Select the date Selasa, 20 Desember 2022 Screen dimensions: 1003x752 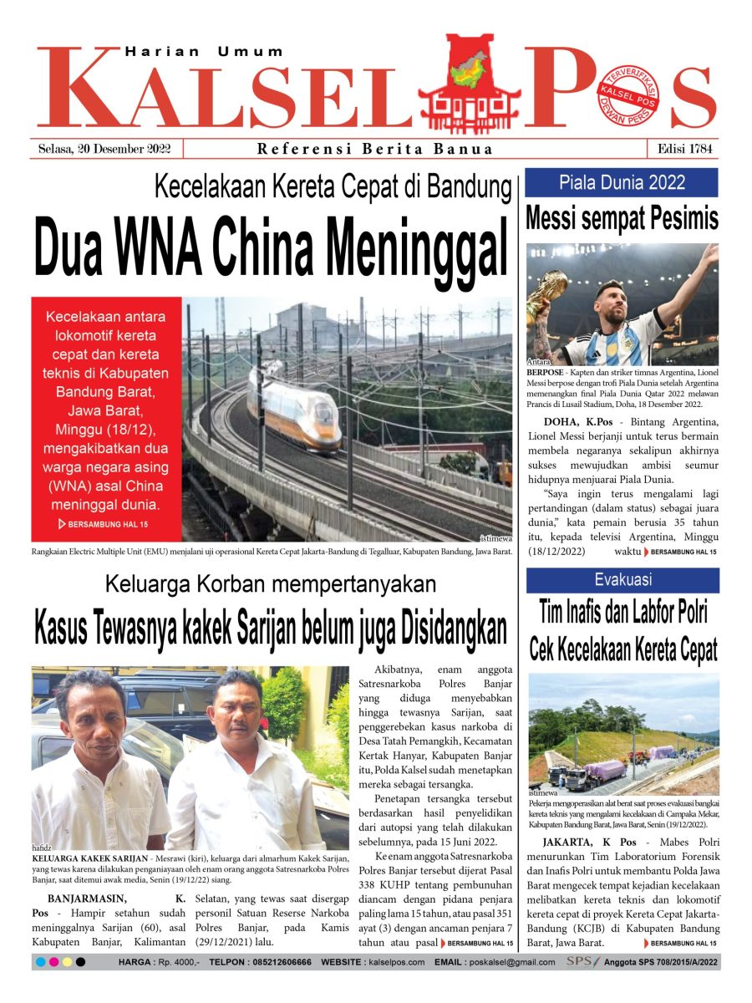click(104, 149)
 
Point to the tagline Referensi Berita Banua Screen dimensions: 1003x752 click(375, 150)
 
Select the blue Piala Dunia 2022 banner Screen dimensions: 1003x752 click(622, 182)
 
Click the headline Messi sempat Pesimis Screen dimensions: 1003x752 click(622, 219)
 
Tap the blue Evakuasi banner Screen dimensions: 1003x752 click(622, 579)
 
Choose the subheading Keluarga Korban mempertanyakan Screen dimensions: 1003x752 click(271, 583)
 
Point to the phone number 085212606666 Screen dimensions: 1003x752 click(271, 963)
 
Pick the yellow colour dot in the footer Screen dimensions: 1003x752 click(67, 963)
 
